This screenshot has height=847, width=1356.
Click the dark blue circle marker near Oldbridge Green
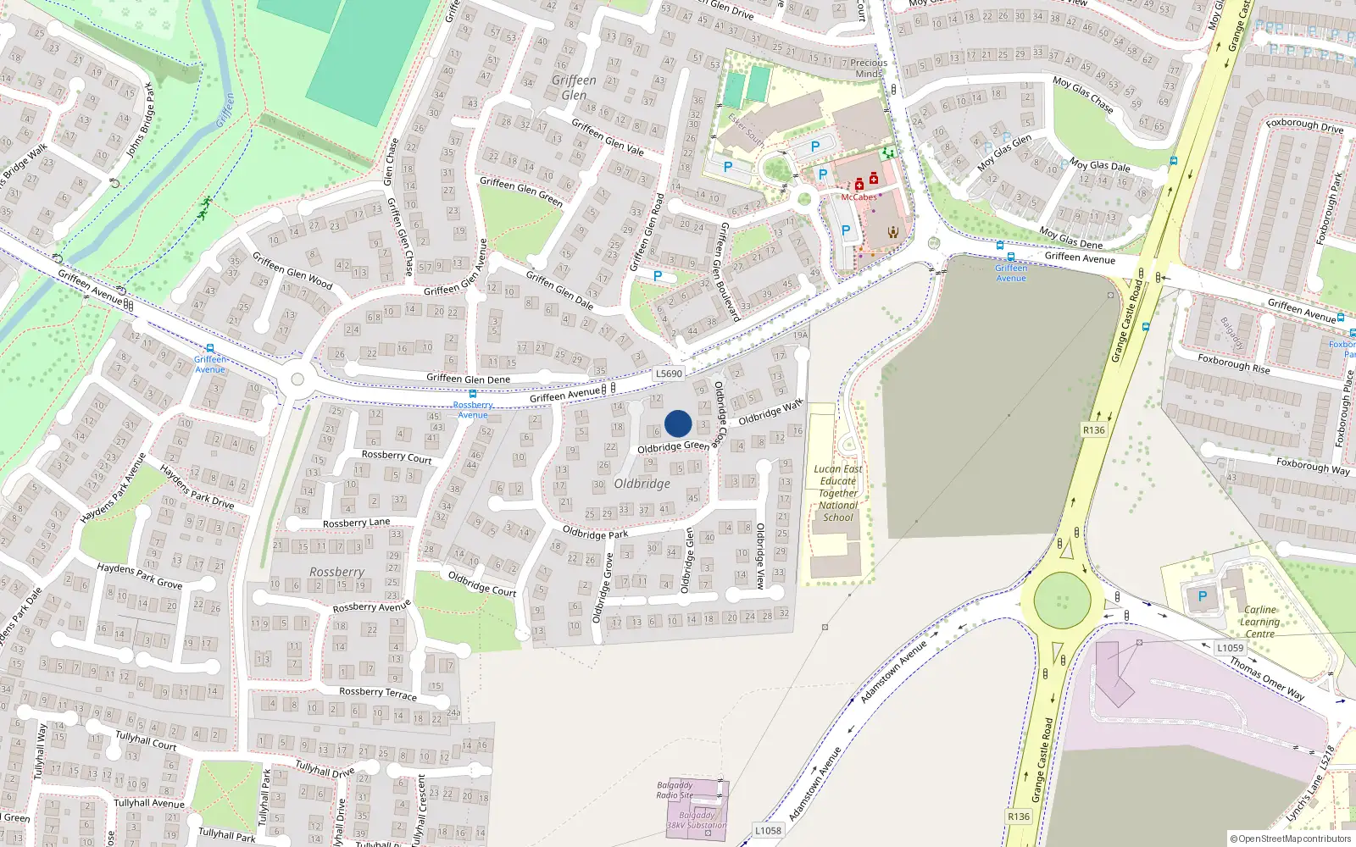678,423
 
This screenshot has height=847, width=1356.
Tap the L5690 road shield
669,374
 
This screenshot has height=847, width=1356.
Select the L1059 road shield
1230,648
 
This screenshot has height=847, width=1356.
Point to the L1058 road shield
768,830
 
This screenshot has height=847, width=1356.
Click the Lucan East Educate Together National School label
838,493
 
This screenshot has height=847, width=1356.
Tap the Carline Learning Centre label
1259,622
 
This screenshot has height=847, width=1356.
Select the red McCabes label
859,197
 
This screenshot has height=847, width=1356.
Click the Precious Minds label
869,68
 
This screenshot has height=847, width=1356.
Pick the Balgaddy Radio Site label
675,790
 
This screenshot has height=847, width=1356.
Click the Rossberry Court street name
397,457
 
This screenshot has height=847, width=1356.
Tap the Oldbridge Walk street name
770,412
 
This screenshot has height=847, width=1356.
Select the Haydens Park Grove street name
139,576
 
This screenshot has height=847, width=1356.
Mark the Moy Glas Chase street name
1083,94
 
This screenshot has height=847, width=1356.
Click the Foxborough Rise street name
1234,363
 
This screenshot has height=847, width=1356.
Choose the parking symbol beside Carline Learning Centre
1202,596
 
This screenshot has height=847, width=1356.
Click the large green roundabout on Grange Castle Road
1062,600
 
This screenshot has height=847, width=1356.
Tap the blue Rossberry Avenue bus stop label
473,410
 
